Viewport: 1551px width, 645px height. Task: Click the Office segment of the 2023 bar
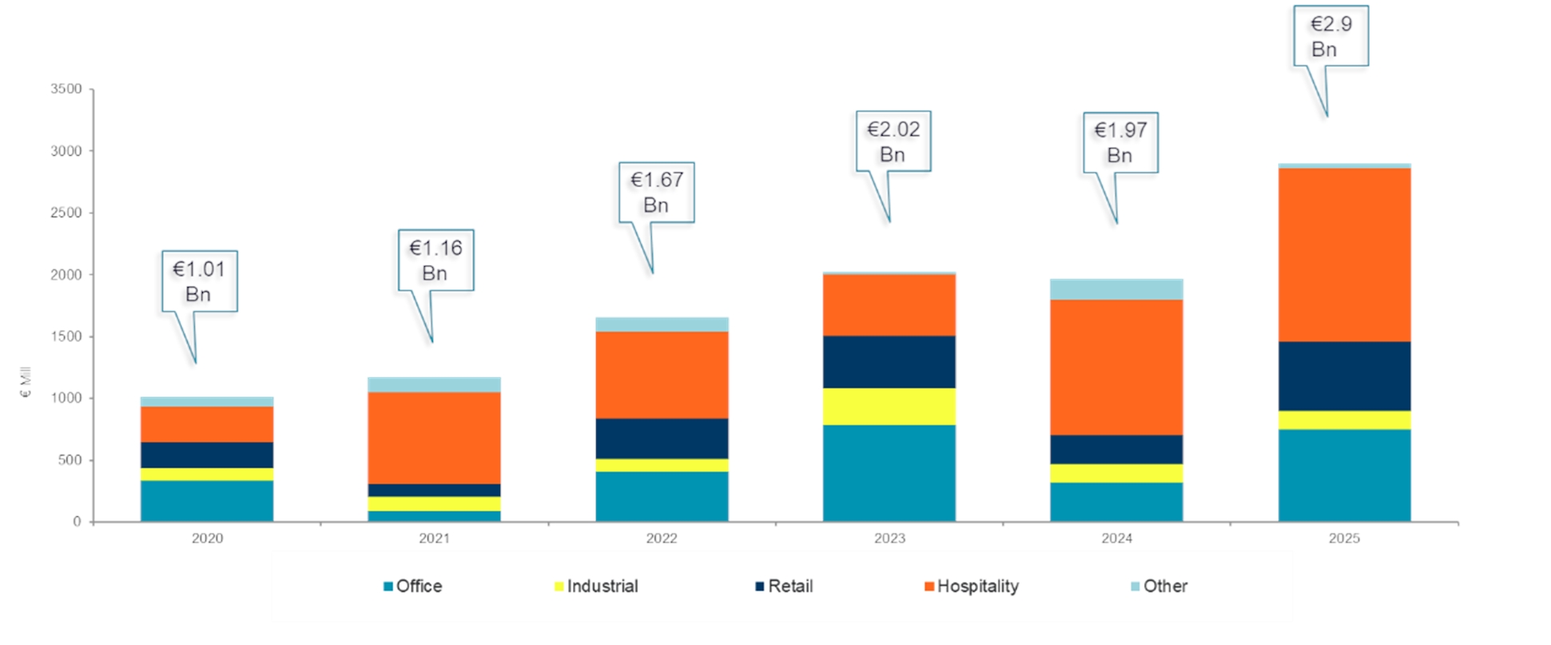(x=889, y=473)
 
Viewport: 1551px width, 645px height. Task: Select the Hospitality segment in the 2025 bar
(x=1344, y=255)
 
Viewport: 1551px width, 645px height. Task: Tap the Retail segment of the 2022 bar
(x=662, y=439)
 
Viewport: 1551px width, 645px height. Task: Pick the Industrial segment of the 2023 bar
(x=889, y=407)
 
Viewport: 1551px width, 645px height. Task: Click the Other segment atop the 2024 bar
(x=1116, y=289)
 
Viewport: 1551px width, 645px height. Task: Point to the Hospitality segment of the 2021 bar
(x=434, y=438)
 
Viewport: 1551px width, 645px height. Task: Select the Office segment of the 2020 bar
(x=207, y=501)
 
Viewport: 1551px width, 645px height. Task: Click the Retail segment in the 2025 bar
(x=1344, y=376)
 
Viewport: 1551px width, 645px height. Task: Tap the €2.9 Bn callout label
(x=1330, y=37)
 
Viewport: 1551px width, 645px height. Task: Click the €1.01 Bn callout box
(x=199, y=281)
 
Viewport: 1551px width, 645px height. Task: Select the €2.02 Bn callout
(x=893, y=141)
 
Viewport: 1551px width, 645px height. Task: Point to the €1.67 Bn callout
(x=656, y=193)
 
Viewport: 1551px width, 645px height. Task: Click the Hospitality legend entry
(x=971, y=587)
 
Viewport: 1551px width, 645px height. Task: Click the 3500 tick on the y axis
(x=66, y=89)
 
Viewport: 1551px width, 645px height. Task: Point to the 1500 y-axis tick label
(x=66, y=336)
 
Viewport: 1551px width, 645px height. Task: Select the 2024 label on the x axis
(x=1116, y=539)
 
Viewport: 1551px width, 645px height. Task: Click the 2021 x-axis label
(x=434, y=539)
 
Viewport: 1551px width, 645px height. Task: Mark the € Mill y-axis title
(x=26, y=382)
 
